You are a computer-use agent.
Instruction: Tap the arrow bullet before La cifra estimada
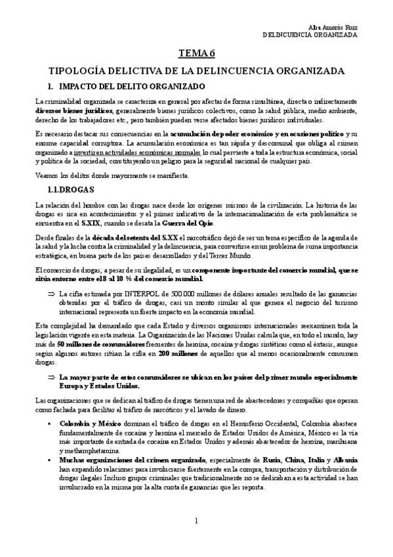[x=50, y=294]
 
